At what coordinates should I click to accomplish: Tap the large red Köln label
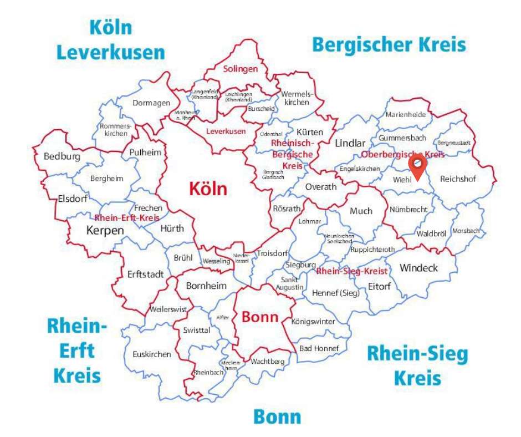coord(208,189)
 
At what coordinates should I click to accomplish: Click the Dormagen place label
coord(150,103)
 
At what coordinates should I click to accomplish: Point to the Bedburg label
coord(62,156)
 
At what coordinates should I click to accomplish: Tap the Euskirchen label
coord(152,354)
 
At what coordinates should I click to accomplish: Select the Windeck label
coord(418,268)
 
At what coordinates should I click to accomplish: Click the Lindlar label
coord(350,144)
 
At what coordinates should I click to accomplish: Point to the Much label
coord(361,211)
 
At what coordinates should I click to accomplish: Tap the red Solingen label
coord(241,69)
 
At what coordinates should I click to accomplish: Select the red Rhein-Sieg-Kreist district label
coord(351,271)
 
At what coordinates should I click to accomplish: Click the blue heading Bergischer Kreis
coord(389,44)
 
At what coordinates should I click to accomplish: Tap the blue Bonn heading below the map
coord(277,416)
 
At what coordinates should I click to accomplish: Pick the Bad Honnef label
coord(315,348)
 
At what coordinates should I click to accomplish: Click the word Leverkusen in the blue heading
coord(111,52)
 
